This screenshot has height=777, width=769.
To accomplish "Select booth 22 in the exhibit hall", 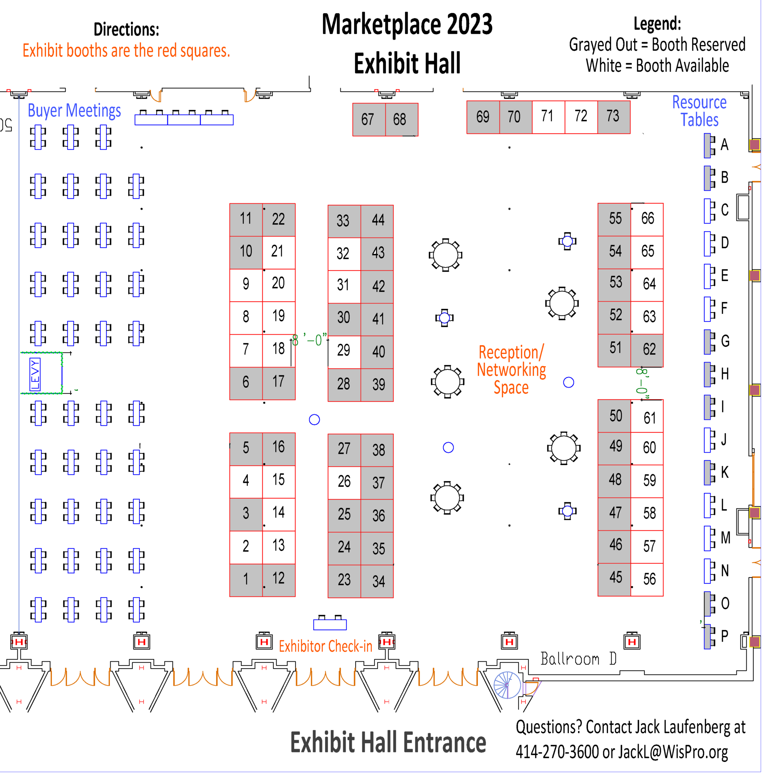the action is tap(279, 220).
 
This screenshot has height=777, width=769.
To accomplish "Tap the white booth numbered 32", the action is tap(344, 254).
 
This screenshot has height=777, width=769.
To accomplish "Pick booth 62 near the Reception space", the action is tap(647, 350).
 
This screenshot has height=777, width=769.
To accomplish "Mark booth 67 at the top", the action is tap(369, 120).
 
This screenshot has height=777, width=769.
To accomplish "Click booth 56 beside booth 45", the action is tap(647, 580).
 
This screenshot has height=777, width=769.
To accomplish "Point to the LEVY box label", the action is tap(35, 374).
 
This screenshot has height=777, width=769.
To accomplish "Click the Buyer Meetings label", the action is tap(74, 111).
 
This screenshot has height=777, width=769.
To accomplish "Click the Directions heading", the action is tap(127, 29).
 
